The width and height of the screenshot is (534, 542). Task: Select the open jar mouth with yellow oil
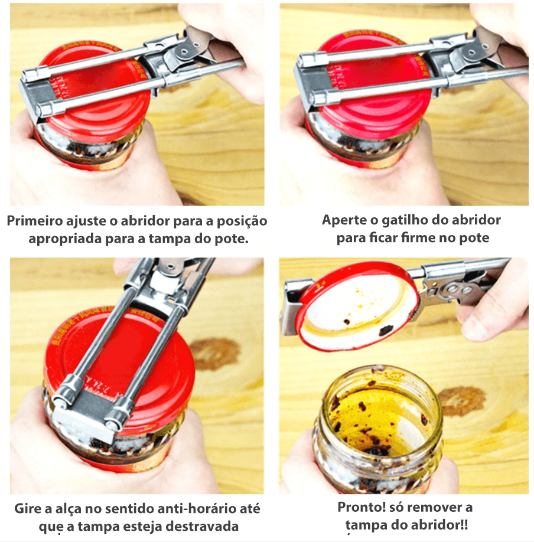click(382, 412)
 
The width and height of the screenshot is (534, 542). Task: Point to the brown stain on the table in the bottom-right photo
click(462, 401)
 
